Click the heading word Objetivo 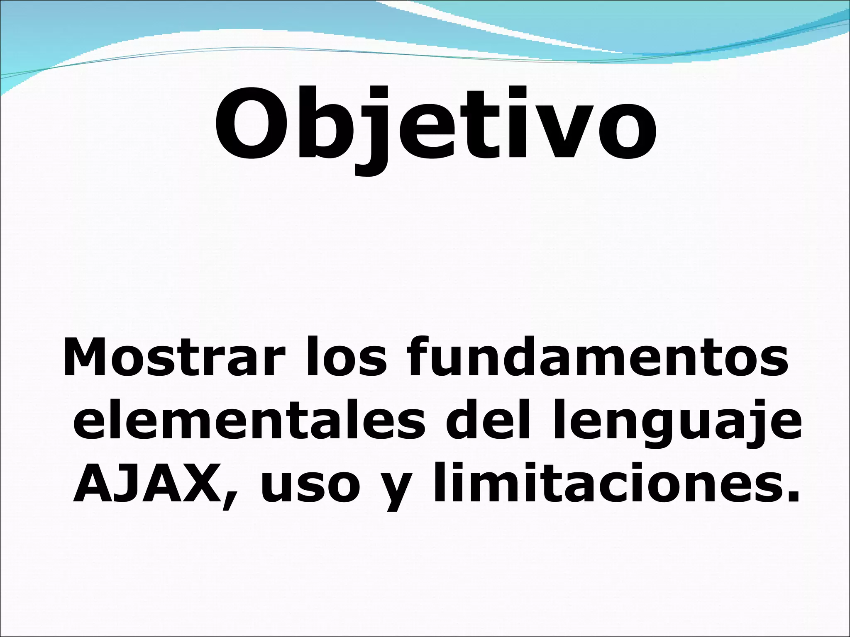[x=435, y=124]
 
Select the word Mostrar [x=174, y=357]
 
